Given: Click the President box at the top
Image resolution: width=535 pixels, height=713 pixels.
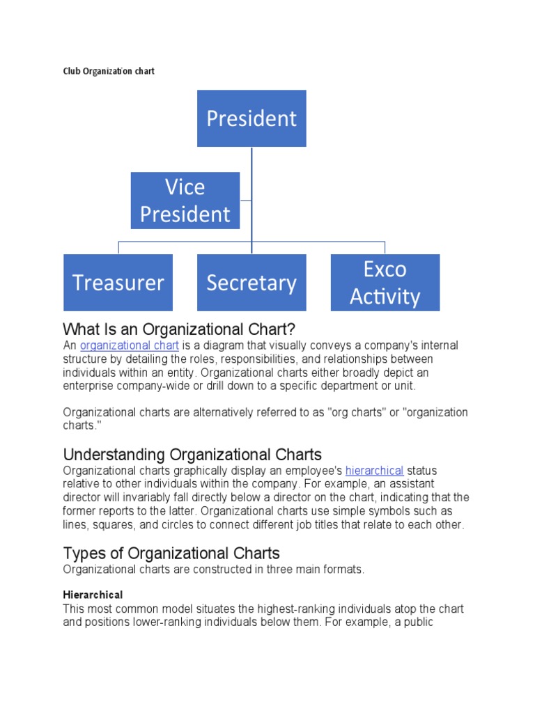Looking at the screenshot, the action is click(x=251, y=118).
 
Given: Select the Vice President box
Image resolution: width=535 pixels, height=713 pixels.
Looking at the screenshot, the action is click(x=185, y=201).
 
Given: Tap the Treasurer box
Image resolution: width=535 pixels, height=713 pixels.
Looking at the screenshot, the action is click(x=118, y=283).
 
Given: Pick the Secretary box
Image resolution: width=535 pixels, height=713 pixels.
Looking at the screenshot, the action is click(x=251, y=283).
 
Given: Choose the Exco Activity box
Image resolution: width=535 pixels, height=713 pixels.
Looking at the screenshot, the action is click(x=385, y=283).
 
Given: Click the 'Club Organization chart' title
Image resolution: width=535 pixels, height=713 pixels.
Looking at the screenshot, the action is click(x=109, y=71).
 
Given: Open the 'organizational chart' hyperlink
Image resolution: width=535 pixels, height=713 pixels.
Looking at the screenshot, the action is click(x=130, y=345).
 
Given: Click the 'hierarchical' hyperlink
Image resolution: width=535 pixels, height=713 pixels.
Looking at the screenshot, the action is click(x=374, y=471).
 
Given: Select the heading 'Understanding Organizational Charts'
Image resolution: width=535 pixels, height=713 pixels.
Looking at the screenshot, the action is click(x=192, y=455).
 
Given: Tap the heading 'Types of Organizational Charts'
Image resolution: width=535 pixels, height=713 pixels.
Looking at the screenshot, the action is click(x=171, y=554).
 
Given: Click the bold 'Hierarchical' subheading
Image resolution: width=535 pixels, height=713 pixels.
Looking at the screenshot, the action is click(x=93, y=595).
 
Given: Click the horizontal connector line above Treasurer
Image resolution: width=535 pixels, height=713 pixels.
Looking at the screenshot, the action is click(x=160, y=242).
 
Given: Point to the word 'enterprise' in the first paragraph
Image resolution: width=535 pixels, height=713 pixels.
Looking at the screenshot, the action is click(x=87, y=386).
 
